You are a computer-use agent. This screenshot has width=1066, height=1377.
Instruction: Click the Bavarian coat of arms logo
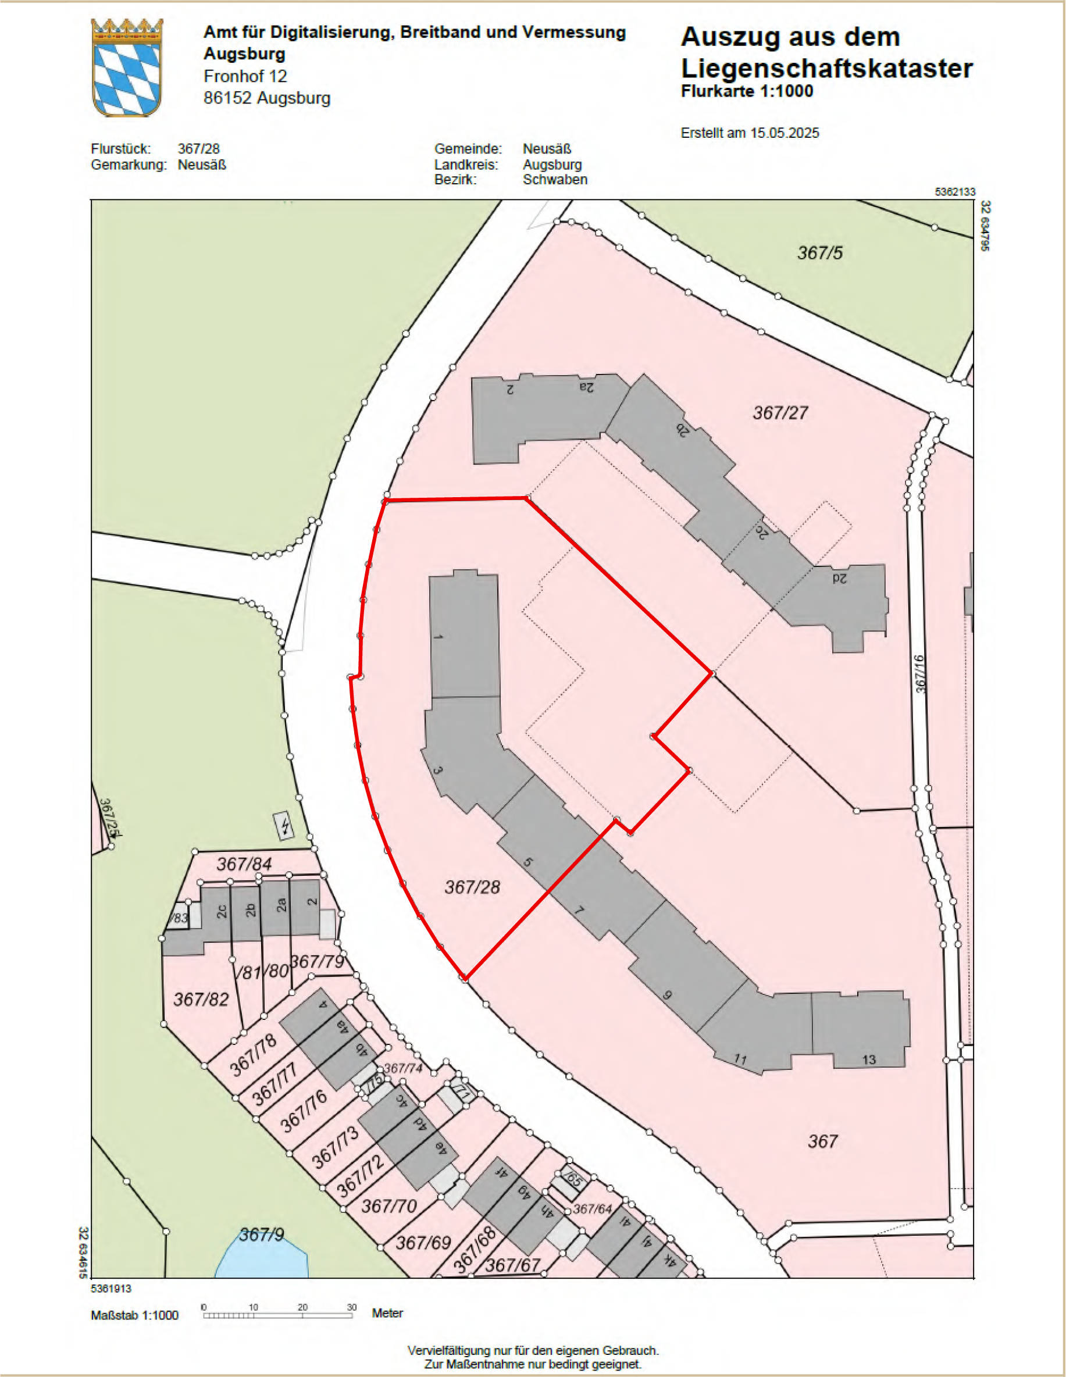coord(127,67)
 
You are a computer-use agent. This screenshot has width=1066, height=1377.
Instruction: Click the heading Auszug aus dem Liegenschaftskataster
coord(826,53)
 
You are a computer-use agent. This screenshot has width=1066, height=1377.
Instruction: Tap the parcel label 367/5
coord(819,254)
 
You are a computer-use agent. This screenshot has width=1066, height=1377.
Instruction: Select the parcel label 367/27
coord(780,413)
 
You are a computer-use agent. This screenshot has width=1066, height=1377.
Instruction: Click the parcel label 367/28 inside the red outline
coord(472,887)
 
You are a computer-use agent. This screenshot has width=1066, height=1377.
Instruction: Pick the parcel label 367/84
coord(244,864)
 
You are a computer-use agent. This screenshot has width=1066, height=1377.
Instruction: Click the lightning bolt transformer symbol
coord(286,825)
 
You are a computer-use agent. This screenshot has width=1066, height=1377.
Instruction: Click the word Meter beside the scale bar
coord(387,1313)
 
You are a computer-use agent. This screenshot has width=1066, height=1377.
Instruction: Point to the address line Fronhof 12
coord(245,76)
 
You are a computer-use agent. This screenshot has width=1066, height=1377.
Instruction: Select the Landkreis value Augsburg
coord(552,165)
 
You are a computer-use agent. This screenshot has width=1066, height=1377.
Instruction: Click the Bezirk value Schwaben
coord(555,180)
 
